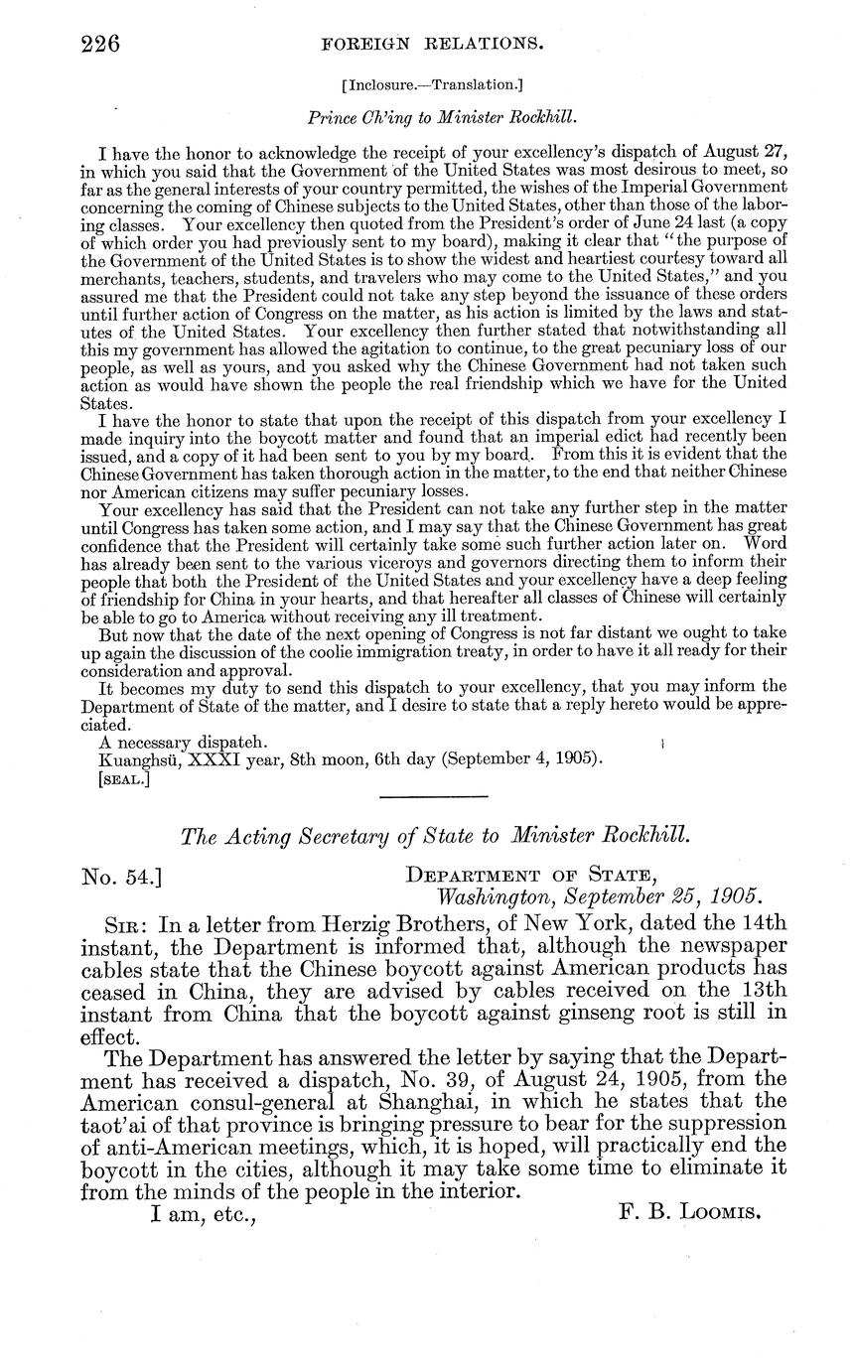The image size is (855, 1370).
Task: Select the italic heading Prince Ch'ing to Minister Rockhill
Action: [x=443, y=116]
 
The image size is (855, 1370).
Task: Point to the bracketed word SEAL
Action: [x=124, y=780]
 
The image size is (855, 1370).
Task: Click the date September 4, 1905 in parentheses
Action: [x=518, y=759]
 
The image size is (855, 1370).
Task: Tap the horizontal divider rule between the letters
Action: [x=434, y=796]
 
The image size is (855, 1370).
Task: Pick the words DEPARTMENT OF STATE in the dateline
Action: [x=530, y=876]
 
